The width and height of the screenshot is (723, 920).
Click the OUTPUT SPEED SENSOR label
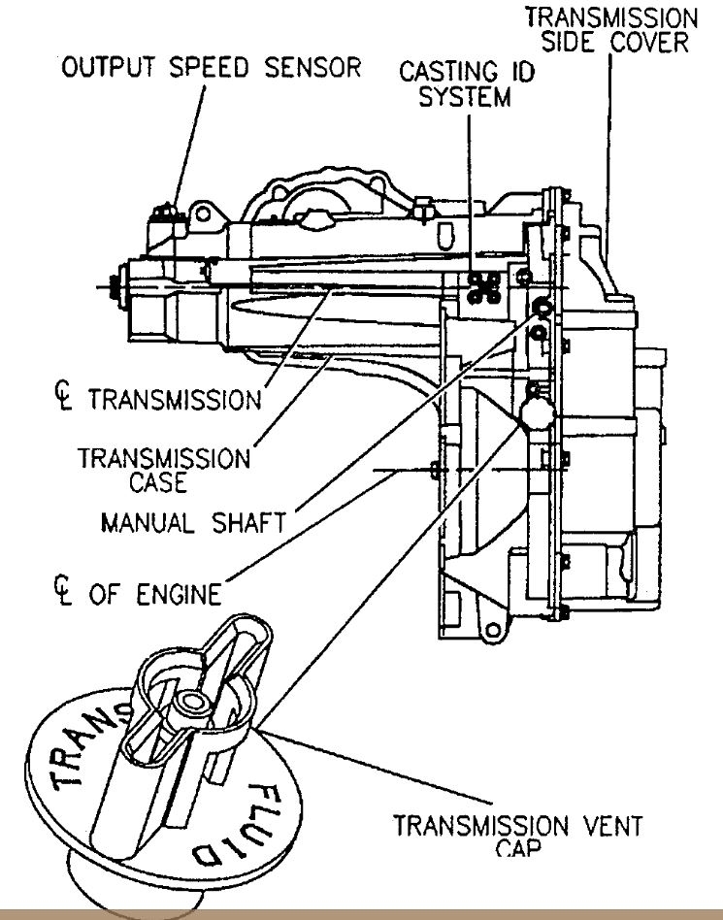pyautogui.click(x=212, y=68)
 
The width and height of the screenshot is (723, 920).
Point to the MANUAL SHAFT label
pyautogui.click(x=193, y=523)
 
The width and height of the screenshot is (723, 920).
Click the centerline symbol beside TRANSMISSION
pyautogui.click(x=65, y=399)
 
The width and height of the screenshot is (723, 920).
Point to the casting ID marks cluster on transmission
pyautogui.click(x=482, y=283)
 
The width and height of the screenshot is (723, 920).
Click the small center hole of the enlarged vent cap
pyautogui.click(x=186, y=700)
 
